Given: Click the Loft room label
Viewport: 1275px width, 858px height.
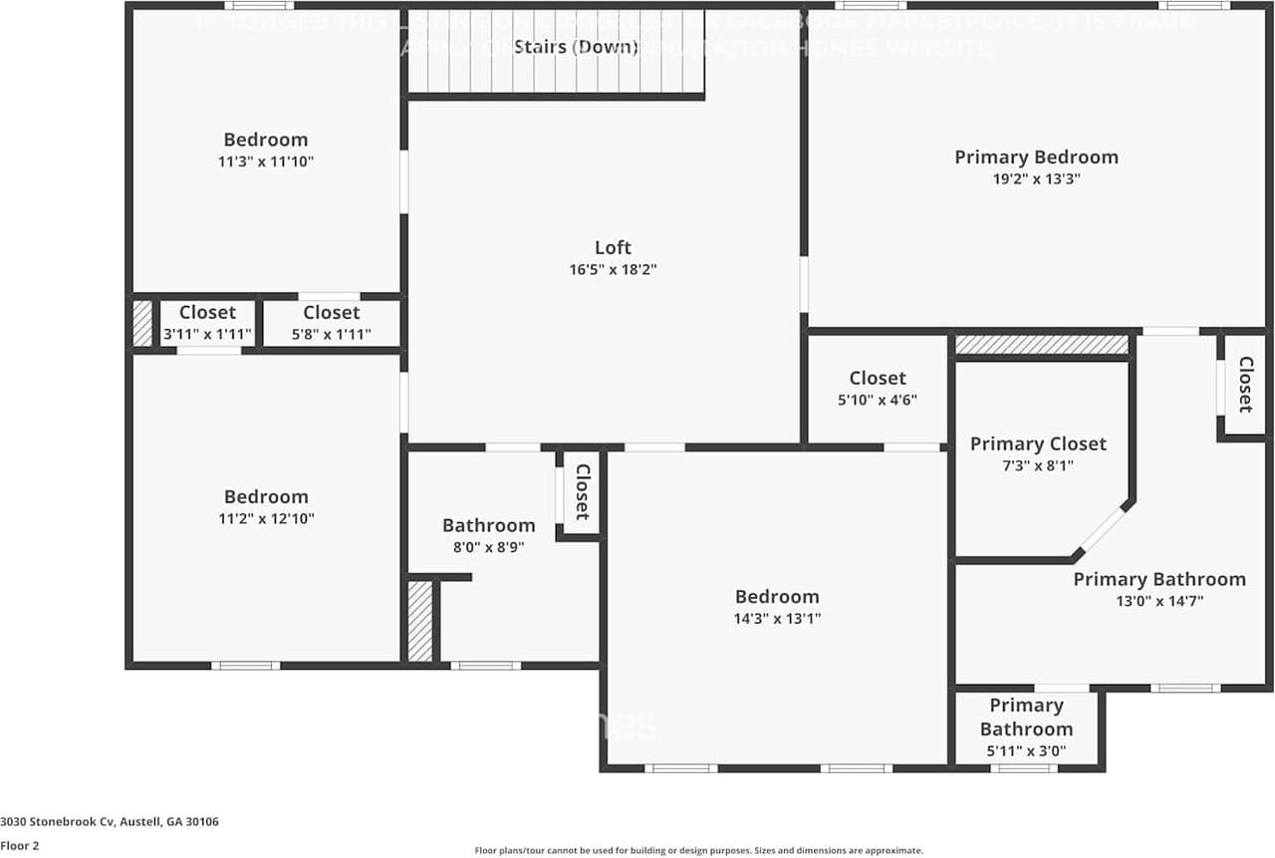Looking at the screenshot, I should tap(613, 248).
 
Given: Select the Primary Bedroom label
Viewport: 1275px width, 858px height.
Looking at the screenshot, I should tap(1036, 157).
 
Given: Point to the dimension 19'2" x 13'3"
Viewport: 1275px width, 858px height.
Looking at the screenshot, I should tap(1032, 179).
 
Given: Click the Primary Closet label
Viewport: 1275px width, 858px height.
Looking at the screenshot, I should tap(1038, 443).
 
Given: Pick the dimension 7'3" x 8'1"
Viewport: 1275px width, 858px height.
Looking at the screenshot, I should tap(1037, 465).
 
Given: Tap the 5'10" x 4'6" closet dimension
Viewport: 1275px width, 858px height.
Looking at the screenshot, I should tap(877, 400).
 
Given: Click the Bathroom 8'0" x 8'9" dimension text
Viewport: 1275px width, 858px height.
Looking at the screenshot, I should tap(488, 547).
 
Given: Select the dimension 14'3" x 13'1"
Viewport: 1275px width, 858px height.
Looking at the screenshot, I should tap(777, 619).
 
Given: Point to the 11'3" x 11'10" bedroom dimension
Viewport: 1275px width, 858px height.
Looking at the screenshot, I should tap(266, 161).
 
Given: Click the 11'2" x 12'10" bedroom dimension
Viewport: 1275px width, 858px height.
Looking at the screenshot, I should tap(266, 518).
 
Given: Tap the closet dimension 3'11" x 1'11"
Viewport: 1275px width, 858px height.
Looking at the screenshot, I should tap(207, 335).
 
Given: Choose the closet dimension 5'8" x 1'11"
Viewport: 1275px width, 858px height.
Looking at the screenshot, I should tap(331, 335).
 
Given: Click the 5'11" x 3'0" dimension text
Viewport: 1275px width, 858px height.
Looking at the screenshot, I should tap(1025, 751).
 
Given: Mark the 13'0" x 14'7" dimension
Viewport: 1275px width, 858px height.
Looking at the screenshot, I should tap(1158, 601).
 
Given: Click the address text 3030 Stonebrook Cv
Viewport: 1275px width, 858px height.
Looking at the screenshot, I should tap(110, 822).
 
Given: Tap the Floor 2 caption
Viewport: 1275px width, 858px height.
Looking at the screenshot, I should tap(21, 846).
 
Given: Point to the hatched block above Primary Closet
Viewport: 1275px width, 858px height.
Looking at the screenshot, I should tap(1042, 345).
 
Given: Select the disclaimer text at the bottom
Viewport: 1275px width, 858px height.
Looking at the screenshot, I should tap(698, 851).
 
